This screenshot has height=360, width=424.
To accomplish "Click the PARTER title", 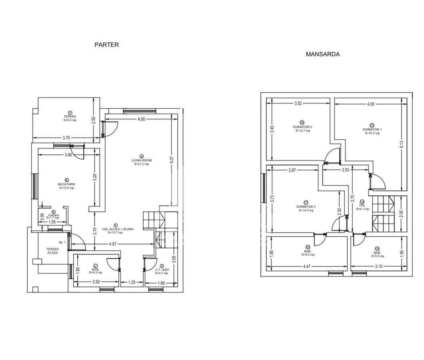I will tap(106, 45).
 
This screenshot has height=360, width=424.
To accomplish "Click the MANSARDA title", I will tap(322, 54).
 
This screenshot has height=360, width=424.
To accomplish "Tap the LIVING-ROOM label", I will tap(141, 160).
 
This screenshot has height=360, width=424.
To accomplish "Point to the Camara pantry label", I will tap(53, 215).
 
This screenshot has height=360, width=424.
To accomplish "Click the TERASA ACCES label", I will tap(52, 250).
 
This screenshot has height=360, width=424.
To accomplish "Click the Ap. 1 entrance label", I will tap(62, 242).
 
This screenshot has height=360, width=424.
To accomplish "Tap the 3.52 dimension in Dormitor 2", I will tap(298, 104).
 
